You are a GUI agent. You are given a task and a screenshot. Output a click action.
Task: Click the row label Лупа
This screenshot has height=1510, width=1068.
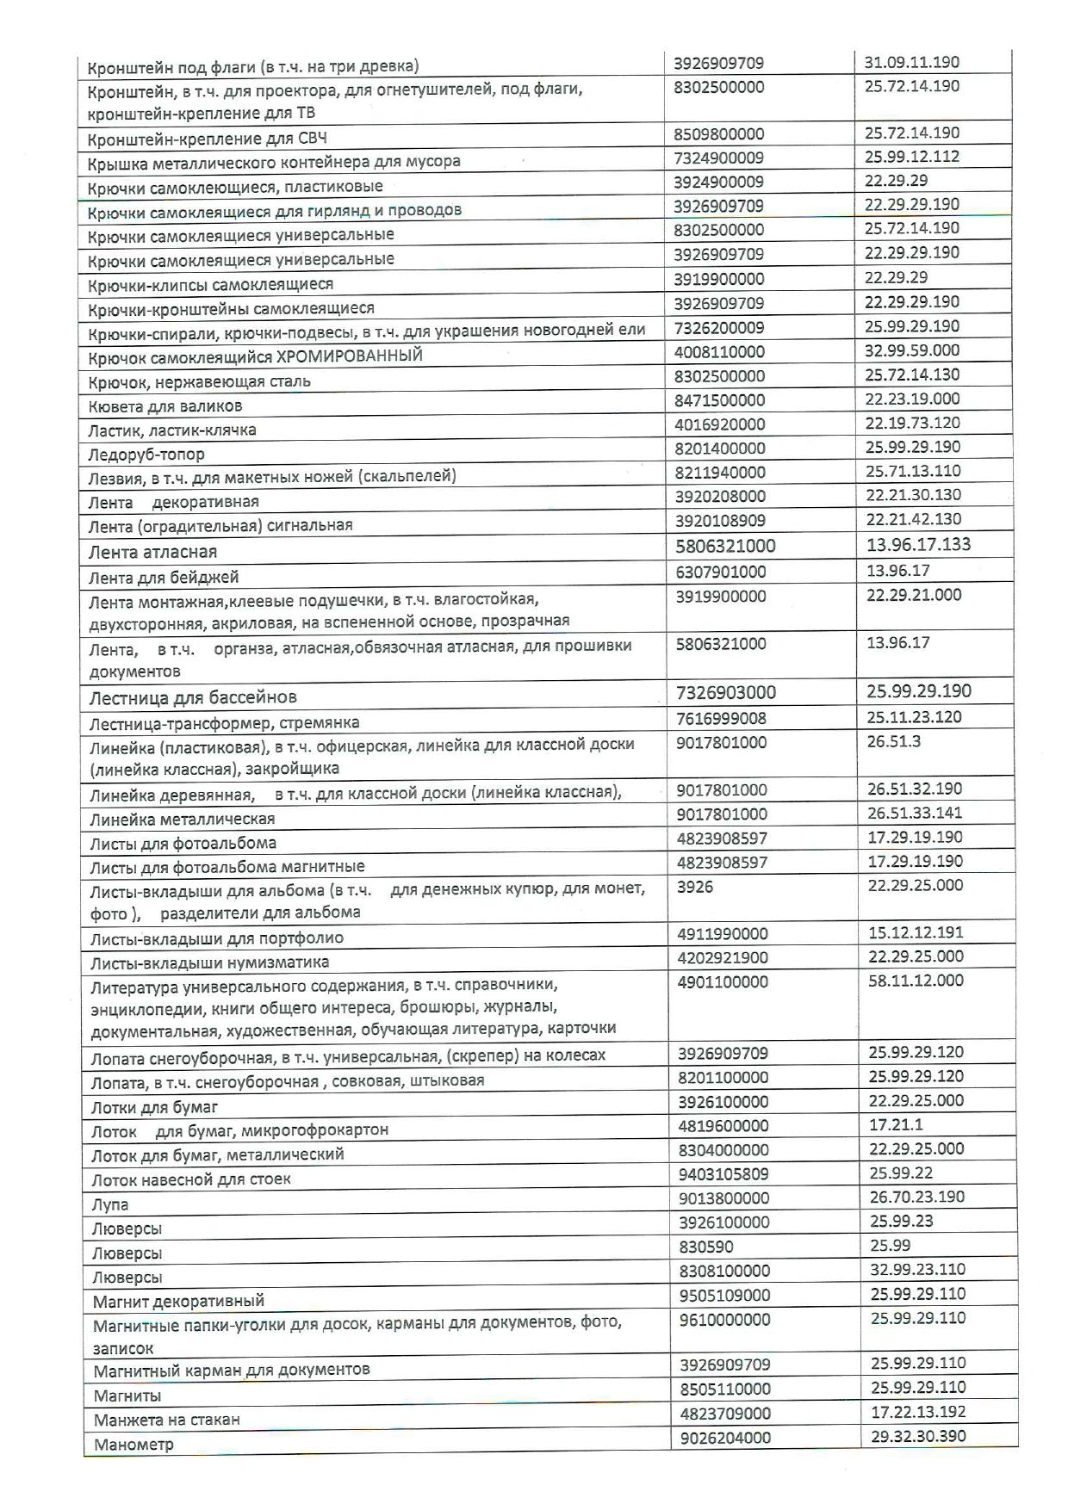[109, 1204]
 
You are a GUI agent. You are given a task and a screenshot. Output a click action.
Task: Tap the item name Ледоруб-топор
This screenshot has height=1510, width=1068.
[146, 454]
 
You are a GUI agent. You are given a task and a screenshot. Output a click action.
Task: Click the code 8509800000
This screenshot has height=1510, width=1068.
[718, 134]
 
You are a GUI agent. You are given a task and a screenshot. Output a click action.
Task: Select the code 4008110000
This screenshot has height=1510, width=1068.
[719, 351]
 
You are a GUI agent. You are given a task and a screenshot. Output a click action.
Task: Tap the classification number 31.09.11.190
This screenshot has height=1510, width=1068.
[911, 62]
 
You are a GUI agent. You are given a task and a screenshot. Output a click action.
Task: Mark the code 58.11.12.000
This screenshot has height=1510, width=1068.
[916, 981]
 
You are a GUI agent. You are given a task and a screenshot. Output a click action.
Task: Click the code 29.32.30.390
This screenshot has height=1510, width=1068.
[918, 1436]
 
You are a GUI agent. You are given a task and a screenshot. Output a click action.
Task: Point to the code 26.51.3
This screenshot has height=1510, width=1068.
[893, 741]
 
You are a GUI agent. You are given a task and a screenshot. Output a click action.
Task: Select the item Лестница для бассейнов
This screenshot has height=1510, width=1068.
[193, 697]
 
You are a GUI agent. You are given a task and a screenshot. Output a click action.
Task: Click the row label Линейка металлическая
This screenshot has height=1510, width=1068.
[183, 819]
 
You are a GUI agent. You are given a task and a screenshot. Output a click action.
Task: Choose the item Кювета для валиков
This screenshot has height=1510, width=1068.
[165, 405]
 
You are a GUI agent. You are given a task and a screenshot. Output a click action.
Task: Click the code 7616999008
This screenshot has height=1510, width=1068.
[721, 718]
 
